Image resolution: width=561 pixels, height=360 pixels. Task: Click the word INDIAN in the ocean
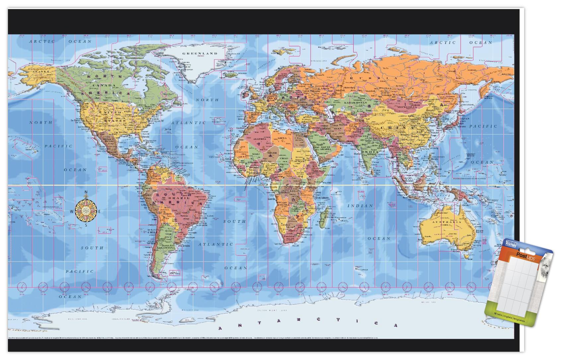(360, 206)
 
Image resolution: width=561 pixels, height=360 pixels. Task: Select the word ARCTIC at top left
(42, 41)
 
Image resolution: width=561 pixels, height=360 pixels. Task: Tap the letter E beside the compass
(99, 211)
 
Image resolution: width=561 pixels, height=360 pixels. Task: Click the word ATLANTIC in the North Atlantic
(188, 123)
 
